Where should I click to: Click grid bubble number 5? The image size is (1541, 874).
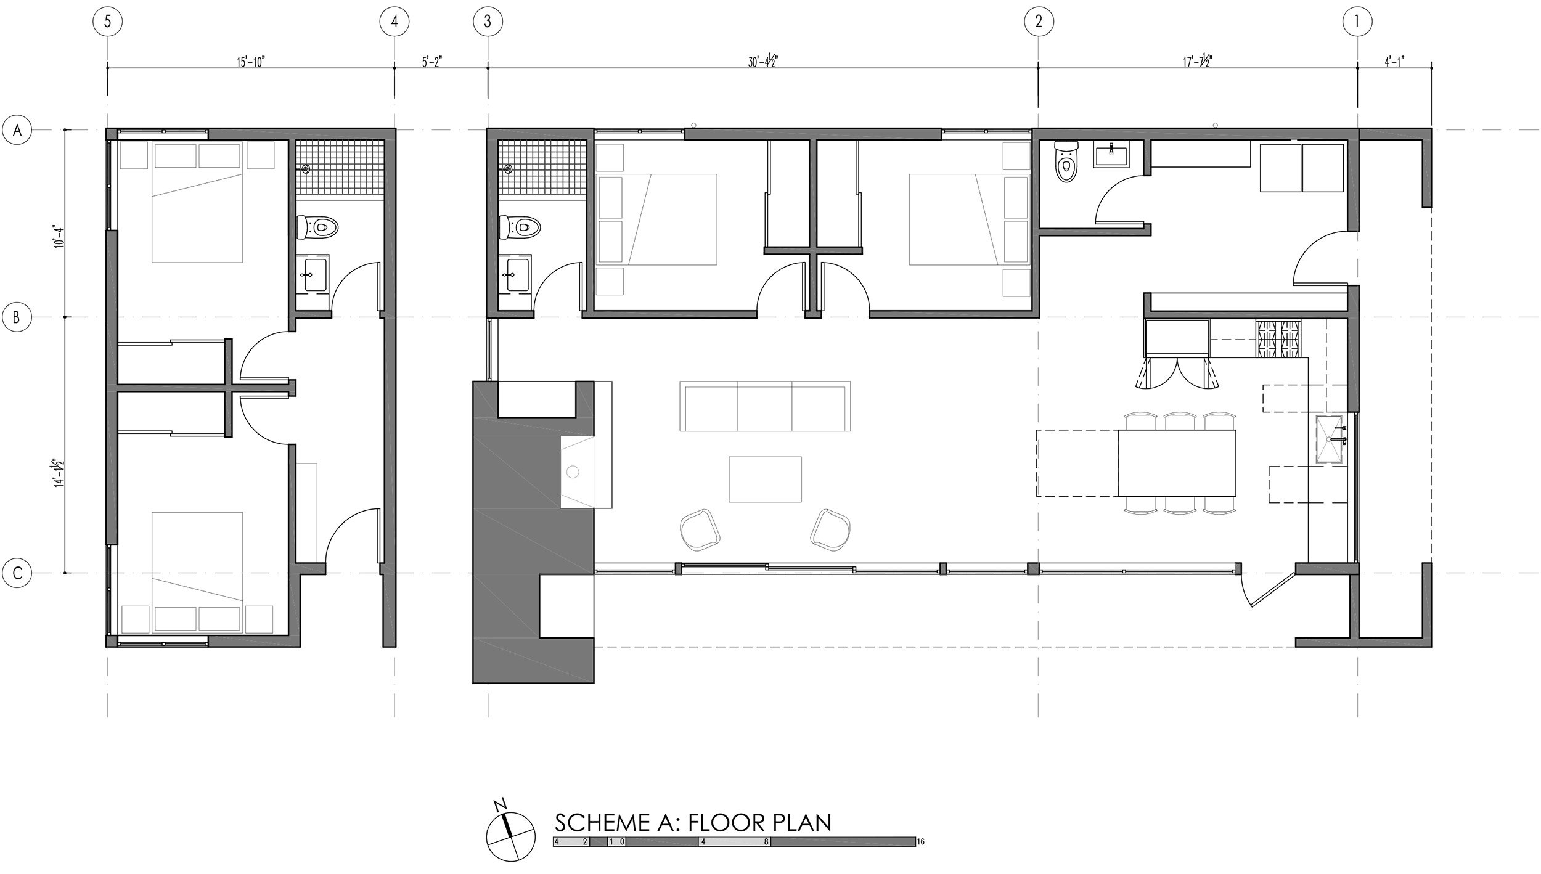108,22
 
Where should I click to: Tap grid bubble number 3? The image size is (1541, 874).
488,22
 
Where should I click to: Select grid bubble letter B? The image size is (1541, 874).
18,317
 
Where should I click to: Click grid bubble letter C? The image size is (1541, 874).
18,573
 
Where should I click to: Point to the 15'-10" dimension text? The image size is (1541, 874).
251,62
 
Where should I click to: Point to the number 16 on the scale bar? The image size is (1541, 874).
921,859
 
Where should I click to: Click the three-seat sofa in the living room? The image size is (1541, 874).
765,406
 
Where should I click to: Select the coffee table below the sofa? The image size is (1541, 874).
765,479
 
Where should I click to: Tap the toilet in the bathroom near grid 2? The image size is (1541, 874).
1065,161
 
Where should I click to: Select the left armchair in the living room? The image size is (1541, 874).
699,528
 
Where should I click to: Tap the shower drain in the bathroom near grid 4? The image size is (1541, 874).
306,168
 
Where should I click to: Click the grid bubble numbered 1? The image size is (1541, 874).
1357,22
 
